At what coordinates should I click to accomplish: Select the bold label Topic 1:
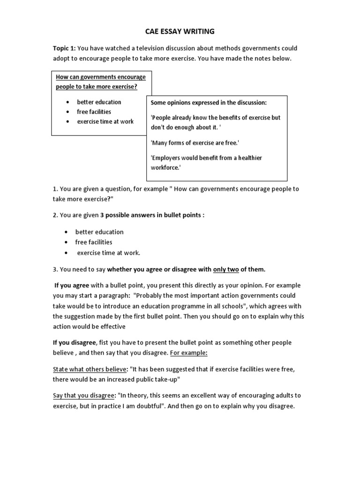(64, 48)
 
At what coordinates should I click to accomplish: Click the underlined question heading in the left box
(101, 82)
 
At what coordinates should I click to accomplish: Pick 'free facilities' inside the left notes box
(94, 112)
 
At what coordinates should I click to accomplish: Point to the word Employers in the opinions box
(167, 158)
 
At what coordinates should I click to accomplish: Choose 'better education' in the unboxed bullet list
(99, 232)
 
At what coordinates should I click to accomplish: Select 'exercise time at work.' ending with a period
(108, 253)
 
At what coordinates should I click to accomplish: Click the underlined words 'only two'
(226, 269)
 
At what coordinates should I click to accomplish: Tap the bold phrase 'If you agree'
(72, 285)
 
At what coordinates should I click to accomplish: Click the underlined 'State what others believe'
(90, 369)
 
